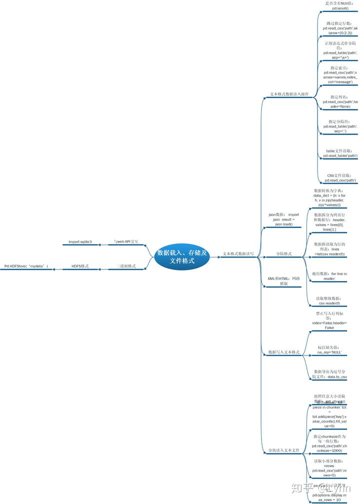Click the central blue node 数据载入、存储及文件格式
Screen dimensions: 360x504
tap(181, 256)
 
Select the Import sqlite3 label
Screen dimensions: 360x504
tap(80, 242)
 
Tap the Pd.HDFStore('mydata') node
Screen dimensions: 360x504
tap(26, 266)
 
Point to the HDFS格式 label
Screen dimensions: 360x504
tap(80, 266)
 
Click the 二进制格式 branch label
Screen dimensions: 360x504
tap(126, 266)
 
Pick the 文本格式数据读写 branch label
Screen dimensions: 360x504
tap(238, 254)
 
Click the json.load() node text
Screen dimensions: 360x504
tap(283, 224)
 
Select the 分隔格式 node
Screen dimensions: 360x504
tap(284, 254)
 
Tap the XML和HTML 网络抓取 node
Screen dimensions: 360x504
tap(283, 281)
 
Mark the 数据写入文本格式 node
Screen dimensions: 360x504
tap(284, 352)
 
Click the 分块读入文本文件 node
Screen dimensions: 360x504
tap(283, 450)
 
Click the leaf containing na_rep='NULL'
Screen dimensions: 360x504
tap(329, 350)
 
